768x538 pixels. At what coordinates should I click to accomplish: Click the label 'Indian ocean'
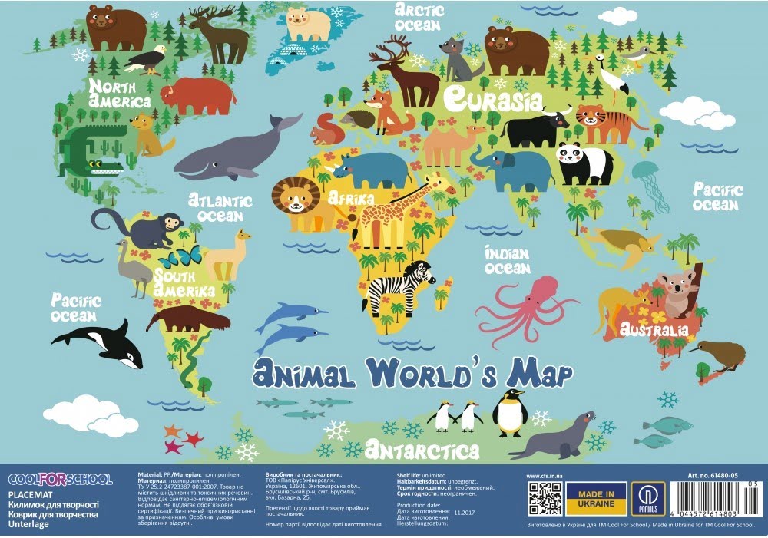tap(508, 260)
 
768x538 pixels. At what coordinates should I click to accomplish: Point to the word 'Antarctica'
tap(422, 450)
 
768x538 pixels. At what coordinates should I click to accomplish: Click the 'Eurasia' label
tap(492, 98)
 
